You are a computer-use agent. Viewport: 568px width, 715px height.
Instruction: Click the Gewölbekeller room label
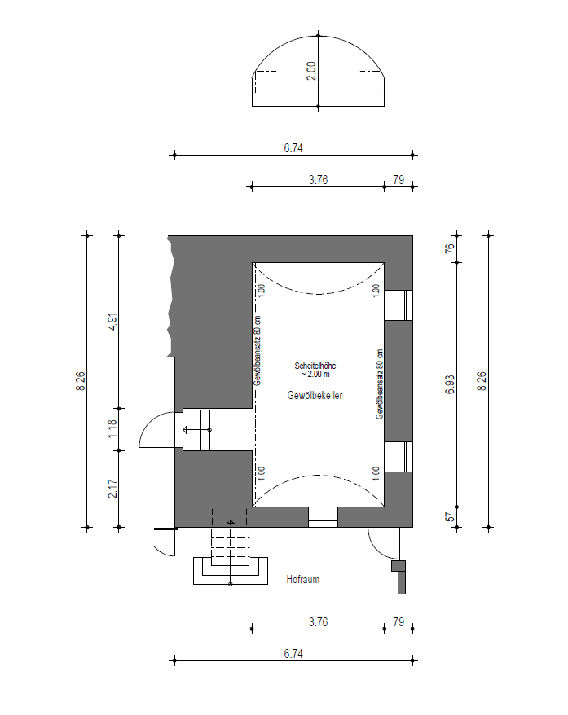point(315,395)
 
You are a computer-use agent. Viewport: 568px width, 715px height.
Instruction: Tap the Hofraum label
point(302,579)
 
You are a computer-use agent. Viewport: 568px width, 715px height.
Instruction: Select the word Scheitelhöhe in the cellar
point(315,366)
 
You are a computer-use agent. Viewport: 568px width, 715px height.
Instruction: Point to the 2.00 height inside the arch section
point(310,71)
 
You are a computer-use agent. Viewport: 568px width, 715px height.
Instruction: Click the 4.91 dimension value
point(113,322)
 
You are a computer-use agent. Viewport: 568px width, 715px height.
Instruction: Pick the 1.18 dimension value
point(112,429)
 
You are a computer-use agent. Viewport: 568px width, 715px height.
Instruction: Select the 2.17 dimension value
point(112,489)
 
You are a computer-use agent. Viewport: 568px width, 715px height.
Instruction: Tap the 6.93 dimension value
point(450,384)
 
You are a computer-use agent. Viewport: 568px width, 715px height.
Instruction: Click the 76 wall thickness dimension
point(450,249)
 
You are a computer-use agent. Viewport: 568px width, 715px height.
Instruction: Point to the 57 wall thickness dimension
point(450,516)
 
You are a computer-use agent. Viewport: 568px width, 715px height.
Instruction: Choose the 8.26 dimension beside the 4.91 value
point(81,381)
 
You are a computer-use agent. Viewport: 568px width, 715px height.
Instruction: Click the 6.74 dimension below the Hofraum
point(293,654)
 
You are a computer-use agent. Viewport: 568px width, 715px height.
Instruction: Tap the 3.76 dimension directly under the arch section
point(318,180)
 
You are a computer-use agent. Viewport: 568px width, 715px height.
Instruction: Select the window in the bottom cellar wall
point(323,516)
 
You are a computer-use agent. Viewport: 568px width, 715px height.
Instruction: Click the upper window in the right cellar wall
point(398,305)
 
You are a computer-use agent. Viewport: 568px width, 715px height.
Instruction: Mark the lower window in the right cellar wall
point(398,457)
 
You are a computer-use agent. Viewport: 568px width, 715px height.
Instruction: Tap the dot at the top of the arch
point(319,35)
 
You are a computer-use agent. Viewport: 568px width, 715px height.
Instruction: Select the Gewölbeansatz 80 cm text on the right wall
point(380,384)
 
